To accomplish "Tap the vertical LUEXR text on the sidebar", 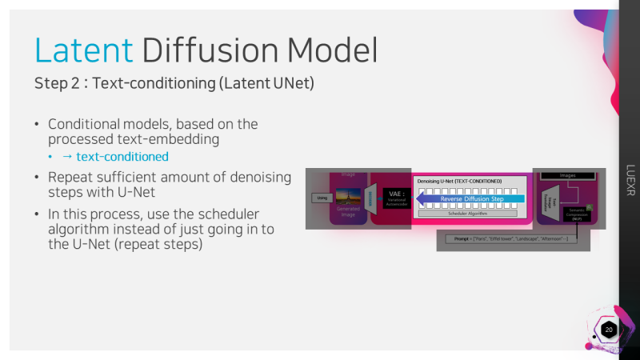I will (x=629, y=180).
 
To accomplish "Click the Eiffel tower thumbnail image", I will (x=348, y=195).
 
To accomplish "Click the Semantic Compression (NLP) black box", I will (x=577, y=212).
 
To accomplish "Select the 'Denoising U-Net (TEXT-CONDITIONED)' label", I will (x=459, y=182).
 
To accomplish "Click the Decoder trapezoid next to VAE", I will (x=370, y=198).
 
